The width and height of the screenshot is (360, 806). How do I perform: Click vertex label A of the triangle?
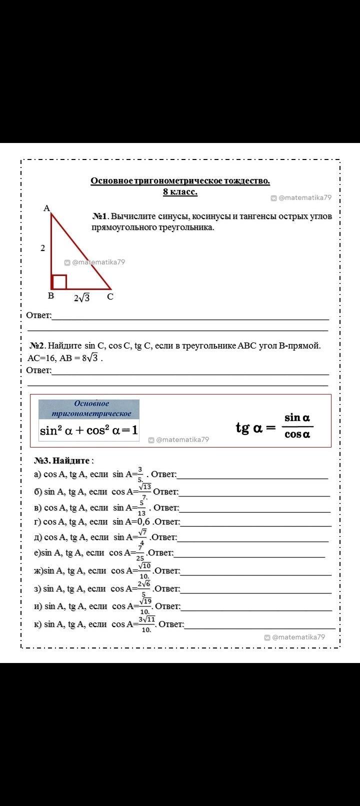46,208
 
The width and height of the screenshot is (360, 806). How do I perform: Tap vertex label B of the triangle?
50,295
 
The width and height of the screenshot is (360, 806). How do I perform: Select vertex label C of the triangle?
110,296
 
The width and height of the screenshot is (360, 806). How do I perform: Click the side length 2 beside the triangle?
43,247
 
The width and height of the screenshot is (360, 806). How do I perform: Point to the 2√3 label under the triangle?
82,298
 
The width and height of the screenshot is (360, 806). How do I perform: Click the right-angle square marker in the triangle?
59,281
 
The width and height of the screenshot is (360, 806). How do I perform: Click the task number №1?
100,216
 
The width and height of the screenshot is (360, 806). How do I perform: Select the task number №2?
37,345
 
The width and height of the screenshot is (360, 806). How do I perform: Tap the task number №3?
42,460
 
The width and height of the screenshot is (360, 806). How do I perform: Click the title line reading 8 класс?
180,191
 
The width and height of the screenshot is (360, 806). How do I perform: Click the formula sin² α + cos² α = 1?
89,430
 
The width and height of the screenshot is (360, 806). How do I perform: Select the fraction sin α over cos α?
297,426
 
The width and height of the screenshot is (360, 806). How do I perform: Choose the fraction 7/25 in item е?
140,553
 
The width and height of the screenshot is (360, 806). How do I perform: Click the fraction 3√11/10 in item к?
147,624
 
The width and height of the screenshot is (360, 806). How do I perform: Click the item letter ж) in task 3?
38,570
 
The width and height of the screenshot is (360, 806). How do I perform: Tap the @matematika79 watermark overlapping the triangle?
94,262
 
